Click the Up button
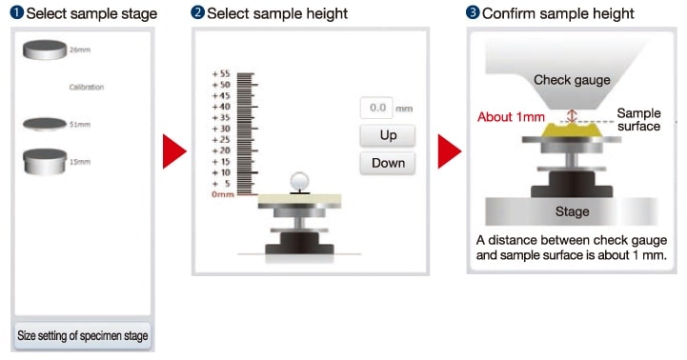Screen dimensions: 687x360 click(388, 135)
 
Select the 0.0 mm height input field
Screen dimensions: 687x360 click(376, 108)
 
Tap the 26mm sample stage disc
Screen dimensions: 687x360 click(45, 50)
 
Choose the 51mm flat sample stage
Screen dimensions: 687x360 click(45, 124)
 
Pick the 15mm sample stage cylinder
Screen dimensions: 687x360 click(45, 162)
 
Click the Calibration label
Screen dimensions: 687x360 click(87, 88)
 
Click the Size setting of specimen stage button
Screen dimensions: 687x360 click(82, 336)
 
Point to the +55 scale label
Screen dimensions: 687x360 click(221, 73)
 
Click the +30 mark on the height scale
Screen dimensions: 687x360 click(221, 129)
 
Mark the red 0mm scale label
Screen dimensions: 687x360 click(223, 194)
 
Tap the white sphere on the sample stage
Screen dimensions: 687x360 click(300, 181)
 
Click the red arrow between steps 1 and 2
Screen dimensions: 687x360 click(174, 151)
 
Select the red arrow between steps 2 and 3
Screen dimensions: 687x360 click(450, 151)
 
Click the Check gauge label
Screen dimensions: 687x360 click(572, 80)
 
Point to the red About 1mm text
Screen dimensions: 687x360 click(511, 117)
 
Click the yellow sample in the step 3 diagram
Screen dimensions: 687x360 click(572, 130)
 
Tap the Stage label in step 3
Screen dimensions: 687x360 click(572, 211)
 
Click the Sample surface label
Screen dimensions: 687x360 click(638, 120)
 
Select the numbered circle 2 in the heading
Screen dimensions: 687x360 click(197, 11)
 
